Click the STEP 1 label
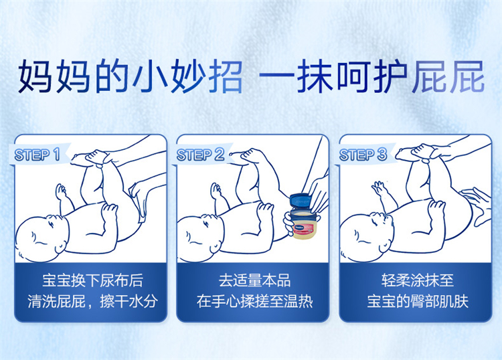point(37,155)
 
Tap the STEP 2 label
point(200,155)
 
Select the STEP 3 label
point(363,155)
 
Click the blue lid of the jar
point(301,200)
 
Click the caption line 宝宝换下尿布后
point(92,280)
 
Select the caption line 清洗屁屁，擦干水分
point(92,301)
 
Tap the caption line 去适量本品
point(254,280)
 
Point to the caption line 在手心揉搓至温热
point(254,301)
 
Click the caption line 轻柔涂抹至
point(418,280)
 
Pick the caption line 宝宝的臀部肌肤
point(418,301)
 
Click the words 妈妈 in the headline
point(53,76)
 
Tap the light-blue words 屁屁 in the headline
point(448,76)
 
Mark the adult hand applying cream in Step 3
point(478,205)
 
